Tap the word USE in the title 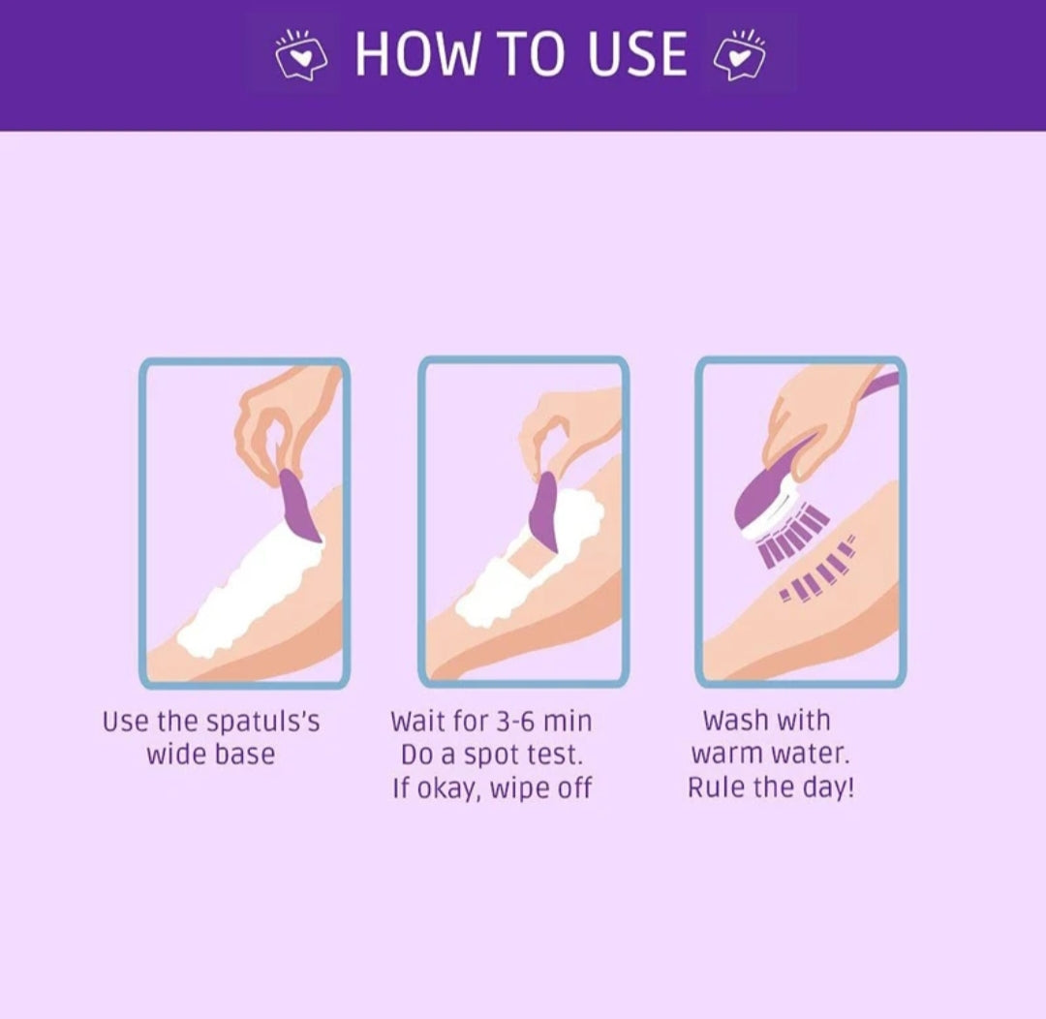point(637,53)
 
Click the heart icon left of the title point(301,54)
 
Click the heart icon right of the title point(739,54)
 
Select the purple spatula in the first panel point(298,506)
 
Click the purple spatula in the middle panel point(544,511)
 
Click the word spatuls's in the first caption point(262,722)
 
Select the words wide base point(211,755)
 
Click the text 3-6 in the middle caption point(515,722)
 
